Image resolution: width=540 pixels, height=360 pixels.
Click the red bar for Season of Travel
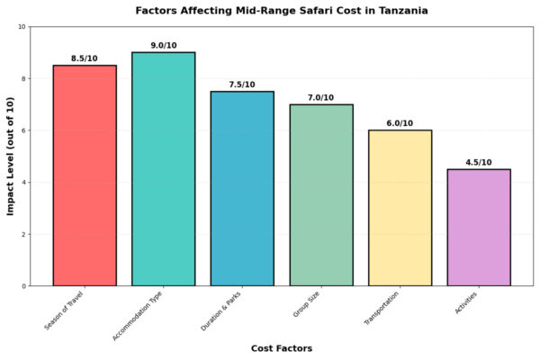click(85, 175)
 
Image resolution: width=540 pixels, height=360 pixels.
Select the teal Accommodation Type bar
click(163, 169)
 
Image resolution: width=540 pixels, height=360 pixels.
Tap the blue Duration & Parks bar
click(242, 189)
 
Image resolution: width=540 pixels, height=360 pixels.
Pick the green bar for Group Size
click(321, 195)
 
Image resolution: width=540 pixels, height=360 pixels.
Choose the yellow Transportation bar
click(400, 208)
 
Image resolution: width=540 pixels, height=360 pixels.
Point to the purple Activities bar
click(479, 228)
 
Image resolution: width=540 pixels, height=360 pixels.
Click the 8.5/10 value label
click(85, 58)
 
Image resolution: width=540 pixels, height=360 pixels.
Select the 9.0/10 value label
click(163, 45)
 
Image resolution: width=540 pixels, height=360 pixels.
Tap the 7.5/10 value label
click(242, 85)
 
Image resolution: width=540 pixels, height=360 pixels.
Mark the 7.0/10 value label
click(321, 97)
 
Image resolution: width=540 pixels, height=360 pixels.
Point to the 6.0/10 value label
click(400, 123)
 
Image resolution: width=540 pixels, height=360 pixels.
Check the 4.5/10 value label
click(479, 162)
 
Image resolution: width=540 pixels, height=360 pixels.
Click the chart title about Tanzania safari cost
click(282, 11)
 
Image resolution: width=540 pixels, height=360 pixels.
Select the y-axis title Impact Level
click(12, 157)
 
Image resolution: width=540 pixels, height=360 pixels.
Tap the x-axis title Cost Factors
click(282, 348)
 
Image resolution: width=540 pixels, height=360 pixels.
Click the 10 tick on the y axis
click(21, 27)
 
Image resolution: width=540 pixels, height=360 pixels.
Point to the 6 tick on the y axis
click(23, 130)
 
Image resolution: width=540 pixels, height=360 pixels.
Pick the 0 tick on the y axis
click(23, 286)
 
